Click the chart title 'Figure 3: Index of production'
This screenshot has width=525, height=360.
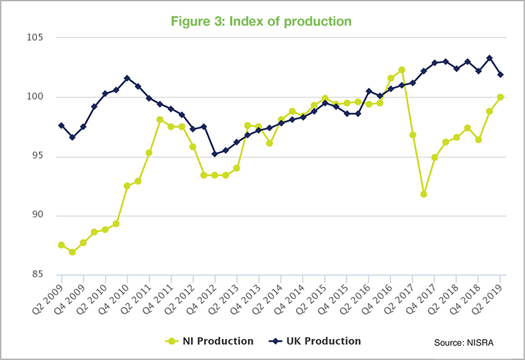point(262,21)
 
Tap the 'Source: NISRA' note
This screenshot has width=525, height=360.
point(464,342)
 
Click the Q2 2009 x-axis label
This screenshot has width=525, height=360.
point(50,298)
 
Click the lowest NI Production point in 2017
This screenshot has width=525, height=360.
point(424,194)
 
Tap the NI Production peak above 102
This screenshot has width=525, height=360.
point(402,70)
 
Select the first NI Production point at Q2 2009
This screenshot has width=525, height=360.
point(61,245)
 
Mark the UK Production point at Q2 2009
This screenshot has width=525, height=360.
point(61,125)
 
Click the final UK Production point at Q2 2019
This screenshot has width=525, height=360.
point(501,74)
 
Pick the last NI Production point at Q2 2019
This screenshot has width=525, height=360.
point(501,97)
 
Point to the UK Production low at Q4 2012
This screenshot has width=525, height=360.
point(215,154)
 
